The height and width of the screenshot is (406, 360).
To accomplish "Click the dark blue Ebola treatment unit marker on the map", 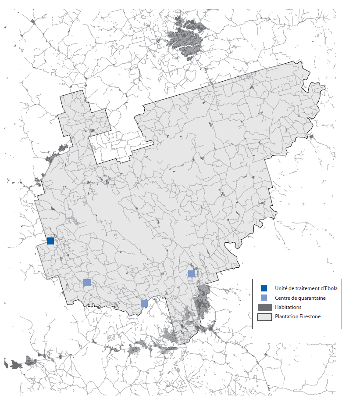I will point(50,241).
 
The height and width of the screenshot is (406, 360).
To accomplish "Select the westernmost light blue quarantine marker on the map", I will point(87,283).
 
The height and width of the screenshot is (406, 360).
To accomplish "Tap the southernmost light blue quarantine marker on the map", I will point(144,303).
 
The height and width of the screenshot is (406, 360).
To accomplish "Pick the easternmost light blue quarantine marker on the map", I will point(192,274).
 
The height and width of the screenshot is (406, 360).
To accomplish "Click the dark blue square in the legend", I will point(264,288).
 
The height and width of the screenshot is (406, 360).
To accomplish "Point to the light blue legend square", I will point(264,298).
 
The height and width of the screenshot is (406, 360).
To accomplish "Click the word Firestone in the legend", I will point(310,317).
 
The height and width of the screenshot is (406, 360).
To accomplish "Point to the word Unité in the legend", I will point(282,288).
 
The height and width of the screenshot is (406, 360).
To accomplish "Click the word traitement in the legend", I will point(307,288).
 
